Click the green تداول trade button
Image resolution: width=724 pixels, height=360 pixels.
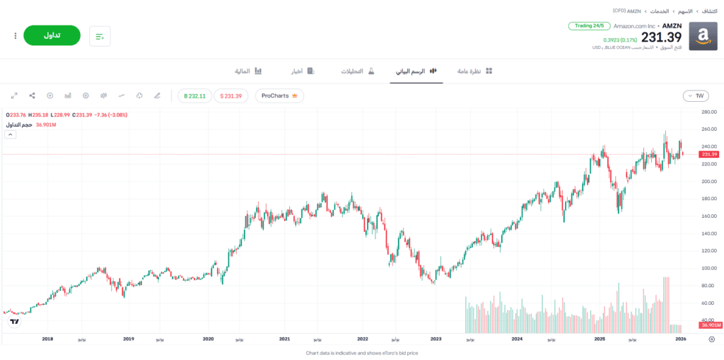click(52, 35)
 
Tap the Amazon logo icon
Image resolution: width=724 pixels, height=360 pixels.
click(703, 36)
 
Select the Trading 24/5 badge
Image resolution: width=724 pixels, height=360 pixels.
click(589, 26)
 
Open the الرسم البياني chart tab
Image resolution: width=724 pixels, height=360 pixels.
click(416, 71)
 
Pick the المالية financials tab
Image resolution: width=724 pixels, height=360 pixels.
click(248, 71)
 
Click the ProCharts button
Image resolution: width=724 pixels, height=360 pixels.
click(279, 95)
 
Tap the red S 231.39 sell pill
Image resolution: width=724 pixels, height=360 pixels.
click(230, 95)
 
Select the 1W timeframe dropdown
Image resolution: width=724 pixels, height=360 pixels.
click(696, 95)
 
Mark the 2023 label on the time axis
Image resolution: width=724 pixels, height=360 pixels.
click(436, 339)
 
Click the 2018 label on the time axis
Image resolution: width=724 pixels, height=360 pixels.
click(47, 339)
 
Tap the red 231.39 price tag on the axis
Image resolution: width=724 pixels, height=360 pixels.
click(708, 154)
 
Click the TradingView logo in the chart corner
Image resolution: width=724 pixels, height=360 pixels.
click(14, 322)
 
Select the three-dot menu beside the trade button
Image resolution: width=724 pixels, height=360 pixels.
click(15, 35)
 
